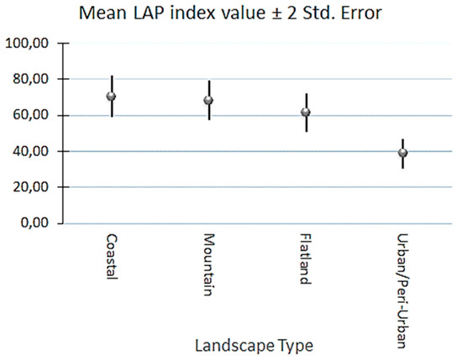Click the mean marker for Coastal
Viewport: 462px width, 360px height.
point(111,97)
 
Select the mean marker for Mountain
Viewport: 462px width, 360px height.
point(208,101)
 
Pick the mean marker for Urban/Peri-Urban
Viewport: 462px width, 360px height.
point(403,153)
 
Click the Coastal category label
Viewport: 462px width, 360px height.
point(111,258)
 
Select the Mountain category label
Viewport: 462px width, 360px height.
point(208,262)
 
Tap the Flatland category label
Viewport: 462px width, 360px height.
point(306,259)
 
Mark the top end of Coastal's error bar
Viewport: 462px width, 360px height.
point(111,76)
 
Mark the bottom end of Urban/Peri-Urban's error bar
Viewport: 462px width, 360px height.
point(403,168)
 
